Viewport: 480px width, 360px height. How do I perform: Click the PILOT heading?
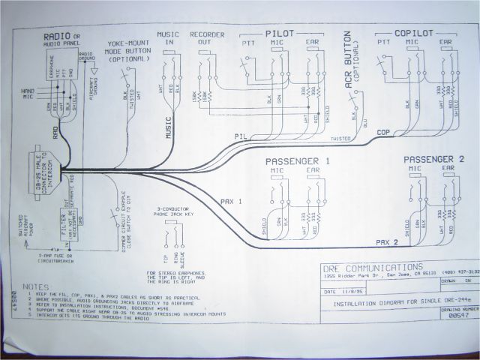click(279, 34)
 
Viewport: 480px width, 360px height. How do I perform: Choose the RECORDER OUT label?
click(203, 39)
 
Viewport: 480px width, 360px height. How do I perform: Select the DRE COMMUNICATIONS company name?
click(370, 266)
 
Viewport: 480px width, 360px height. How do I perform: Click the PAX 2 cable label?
click(386, 242)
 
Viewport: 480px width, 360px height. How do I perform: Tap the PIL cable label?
click(241, 136)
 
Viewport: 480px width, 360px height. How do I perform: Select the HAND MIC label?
click(28, 93)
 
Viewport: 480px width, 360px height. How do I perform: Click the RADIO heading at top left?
click(57, 36)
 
